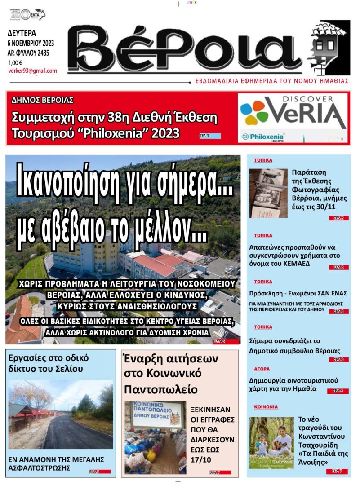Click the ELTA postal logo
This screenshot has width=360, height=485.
[x=27, y=14]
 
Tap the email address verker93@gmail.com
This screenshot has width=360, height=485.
[x=32, y=71]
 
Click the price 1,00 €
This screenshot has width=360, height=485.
[x=15, y=62]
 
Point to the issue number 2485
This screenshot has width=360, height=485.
[x=43, y=53]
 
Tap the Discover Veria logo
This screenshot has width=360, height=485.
[x=293, y=112]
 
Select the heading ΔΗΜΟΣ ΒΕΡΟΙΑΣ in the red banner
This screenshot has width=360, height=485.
[x=42, y=100]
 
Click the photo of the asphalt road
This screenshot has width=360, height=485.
[x=60, y=414]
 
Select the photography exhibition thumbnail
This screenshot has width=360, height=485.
[x=268, y=194]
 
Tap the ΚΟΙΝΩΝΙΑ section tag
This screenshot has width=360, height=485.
[x=266, y=407]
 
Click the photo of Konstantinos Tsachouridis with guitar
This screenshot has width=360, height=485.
[x=271, y=443]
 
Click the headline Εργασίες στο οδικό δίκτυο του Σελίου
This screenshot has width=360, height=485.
[x=49, y=363]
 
